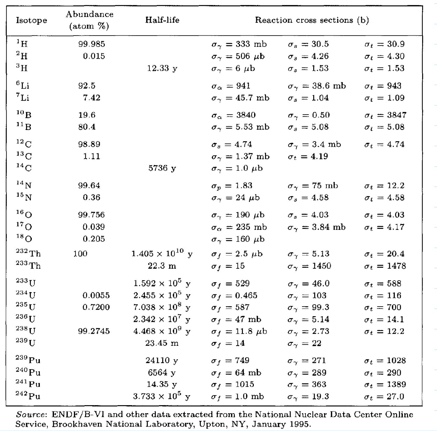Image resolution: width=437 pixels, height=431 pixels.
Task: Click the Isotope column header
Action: point(31,20)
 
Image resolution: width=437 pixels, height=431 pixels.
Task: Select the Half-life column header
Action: point(162,20)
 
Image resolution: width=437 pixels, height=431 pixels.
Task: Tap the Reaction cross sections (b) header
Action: point(312,20)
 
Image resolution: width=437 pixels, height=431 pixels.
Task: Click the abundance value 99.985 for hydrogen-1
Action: point(91,44)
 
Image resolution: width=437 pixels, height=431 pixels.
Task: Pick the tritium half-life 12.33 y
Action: point(162,68)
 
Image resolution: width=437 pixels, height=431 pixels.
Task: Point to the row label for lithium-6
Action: point(23,86)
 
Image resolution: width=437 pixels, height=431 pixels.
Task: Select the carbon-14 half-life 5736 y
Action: point(162,168)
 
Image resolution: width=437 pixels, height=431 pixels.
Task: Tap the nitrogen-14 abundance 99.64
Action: point(89,186)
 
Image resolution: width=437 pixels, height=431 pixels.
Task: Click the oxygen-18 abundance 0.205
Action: point(94,239)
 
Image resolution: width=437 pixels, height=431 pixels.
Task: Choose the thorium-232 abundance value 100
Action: point(80,254)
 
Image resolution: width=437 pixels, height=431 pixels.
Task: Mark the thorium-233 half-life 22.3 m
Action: point(162,266)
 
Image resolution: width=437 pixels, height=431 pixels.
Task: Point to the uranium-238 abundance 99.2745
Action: point(94,331)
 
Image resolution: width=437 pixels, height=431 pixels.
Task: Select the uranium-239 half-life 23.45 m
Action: point(162,343)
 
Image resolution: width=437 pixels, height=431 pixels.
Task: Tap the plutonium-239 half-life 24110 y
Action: point(162,360)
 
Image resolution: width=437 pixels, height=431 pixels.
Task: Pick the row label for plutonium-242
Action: point(28,396)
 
